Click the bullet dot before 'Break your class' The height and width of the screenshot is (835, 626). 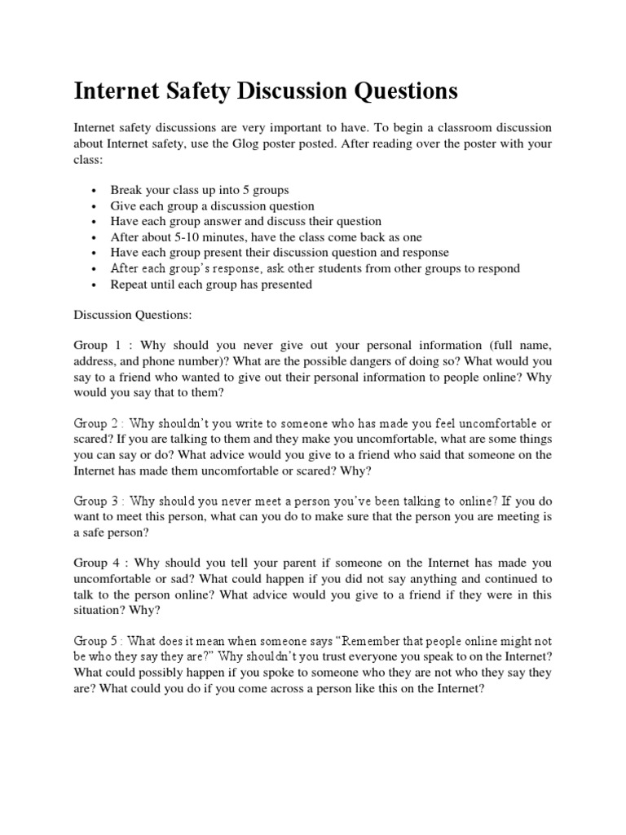click(x=95, y=191)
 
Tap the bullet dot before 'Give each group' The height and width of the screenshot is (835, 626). click(x=95, y=206)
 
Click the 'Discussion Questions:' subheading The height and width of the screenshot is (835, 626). click(x=130, y=314)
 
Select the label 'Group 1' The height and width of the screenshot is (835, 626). click(x=99, y=345)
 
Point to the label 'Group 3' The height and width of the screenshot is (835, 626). click(x=99, y=501)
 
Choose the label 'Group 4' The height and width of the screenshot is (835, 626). click(x=99, y=563)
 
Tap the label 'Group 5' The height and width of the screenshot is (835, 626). click(x=99, y=642)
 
